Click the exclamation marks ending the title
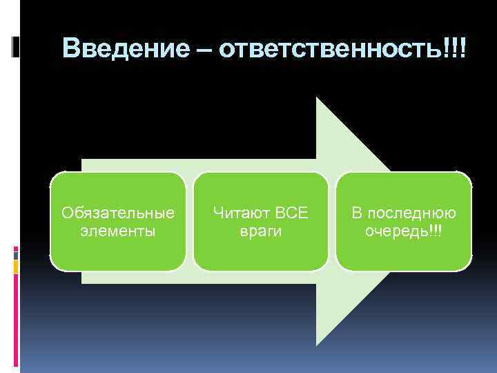tap(455, 48)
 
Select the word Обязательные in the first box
tap(118, 211)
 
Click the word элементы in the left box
tap(118, 231)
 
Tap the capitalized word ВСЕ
tap(292, 211)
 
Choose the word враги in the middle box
tap(260, 231)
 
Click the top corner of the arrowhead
tap(317, 98)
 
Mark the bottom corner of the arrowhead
tap(317, 344)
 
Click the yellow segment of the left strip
tap(16, 266)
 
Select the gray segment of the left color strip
tap(16, 254)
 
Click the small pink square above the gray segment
tap(16, 247)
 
